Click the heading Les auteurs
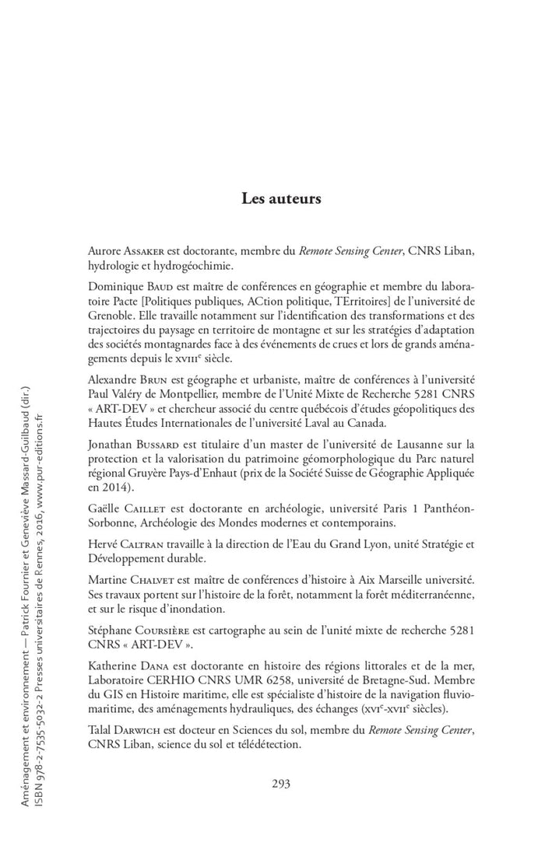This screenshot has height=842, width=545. pos(281,197)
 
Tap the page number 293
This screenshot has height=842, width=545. pos(281,783)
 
